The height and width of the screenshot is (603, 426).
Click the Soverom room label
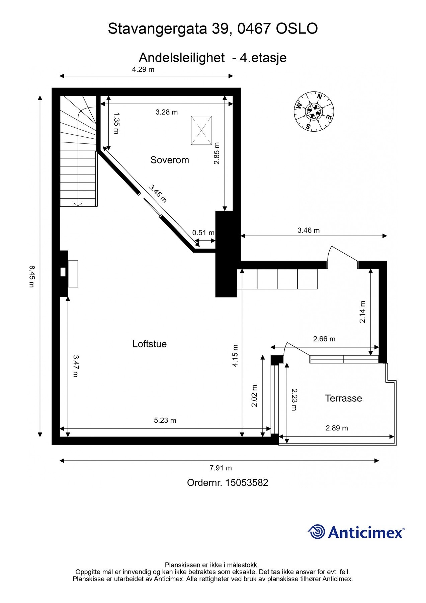click(x=170, y=160)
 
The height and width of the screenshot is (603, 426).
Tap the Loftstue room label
click(x=149, y=344)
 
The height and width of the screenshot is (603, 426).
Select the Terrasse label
click(x=343, y=398)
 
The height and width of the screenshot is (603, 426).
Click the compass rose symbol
click(x=314, y=111)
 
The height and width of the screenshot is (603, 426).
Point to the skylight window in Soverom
click(x=201, y=130)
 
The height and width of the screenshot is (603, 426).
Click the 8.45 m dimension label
click(x=31, y=276)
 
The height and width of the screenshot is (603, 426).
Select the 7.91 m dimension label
click(x=221, y=468)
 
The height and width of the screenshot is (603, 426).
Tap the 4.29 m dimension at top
click(x=143, y=69)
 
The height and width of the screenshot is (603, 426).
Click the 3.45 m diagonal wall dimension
click(x=158, y=193)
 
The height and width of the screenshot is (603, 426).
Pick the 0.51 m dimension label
click(x=203, y=232)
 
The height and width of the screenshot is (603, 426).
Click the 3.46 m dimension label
click(x=308, y=230)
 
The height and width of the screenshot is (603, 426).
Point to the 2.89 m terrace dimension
click(x=337, y=428)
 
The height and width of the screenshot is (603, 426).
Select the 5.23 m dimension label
click(x=165, y=420)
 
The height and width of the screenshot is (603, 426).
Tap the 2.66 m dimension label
click(x=324, y=339)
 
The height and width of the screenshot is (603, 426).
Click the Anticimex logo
click(x=356, y=532)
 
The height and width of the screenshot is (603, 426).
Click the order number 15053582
click(x=247, y=483)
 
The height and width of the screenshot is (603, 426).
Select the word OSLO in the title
click(x=296, y=29)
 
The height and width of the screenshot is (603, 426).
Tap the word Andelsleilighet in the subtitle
click(x=181, y=58)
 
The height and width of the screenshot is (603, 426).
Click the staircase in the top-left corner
click(x=78, y=151)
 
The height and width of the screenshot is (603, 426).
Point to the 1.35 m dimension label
click(x=116, y=123)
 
